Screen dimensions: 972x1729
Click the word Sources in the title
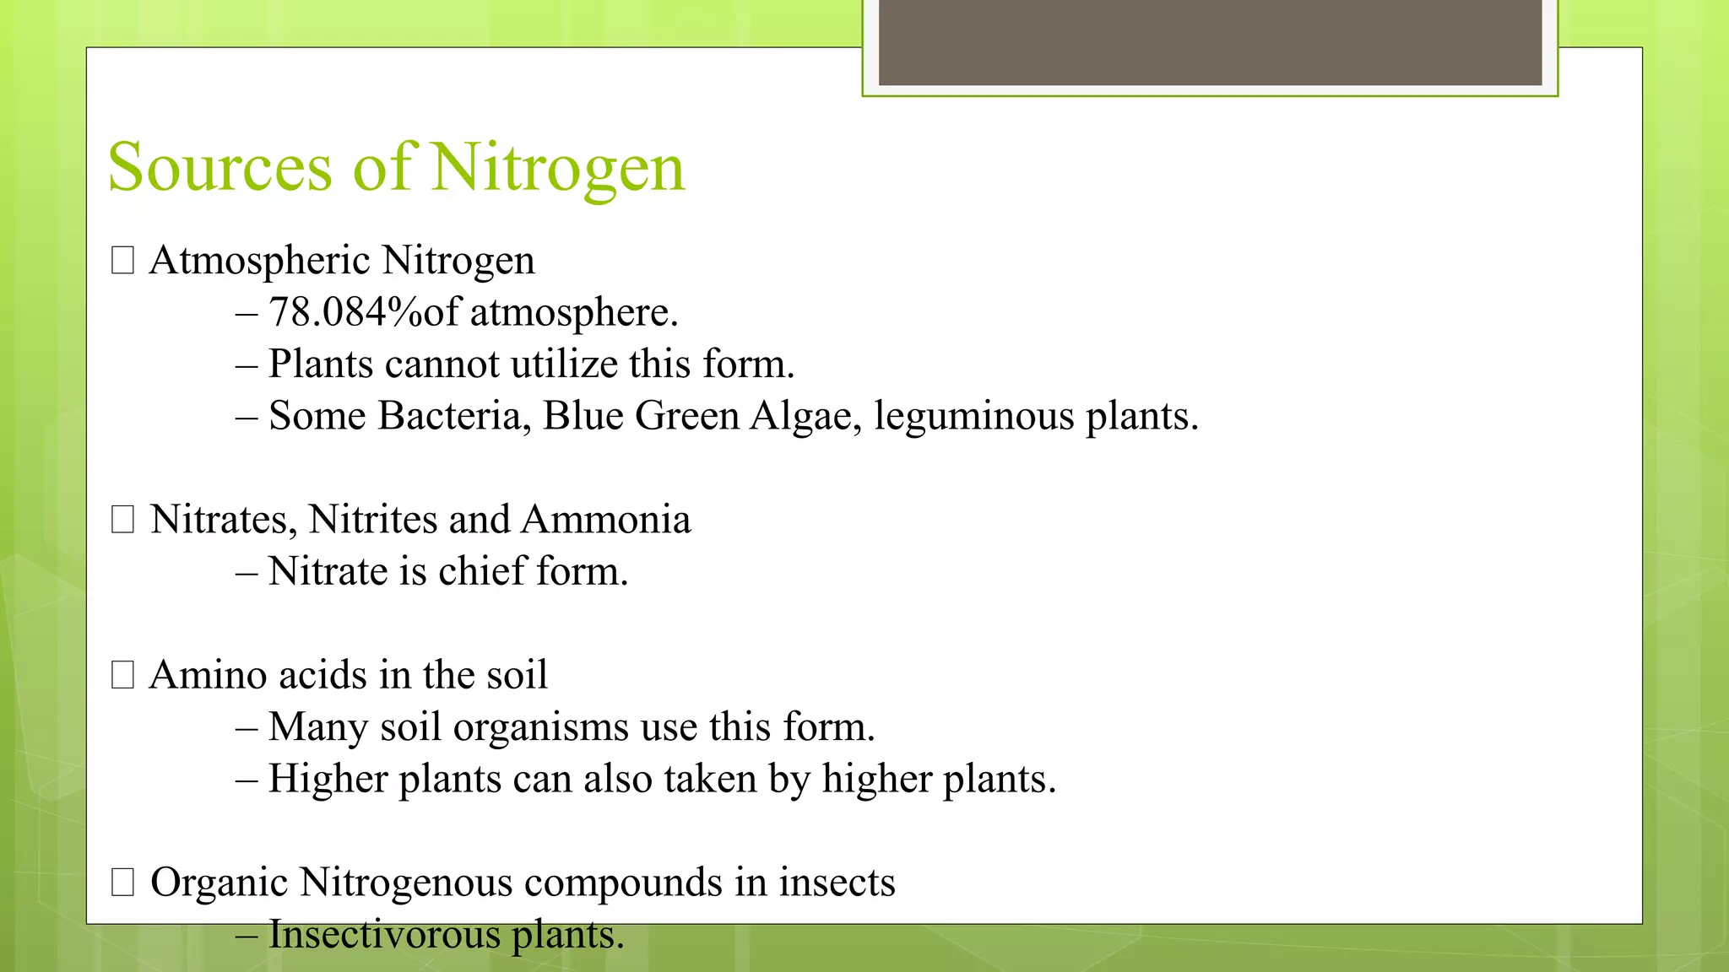(220, 168)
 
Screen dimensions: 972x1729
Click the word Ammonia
(605, 519)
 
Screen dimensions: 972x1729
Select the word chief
(481, 571)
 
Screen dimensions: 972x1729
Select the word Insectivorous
(384, 935)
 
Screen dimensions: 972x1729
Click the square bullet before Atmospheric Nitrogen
(123, 261)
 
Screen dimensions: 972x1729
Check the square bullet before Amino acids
(123, 675)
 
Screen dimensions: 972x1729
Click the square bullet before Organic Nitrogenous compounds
(123, 883)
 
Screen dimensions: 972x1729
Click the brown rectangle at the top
(1210, 42)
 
